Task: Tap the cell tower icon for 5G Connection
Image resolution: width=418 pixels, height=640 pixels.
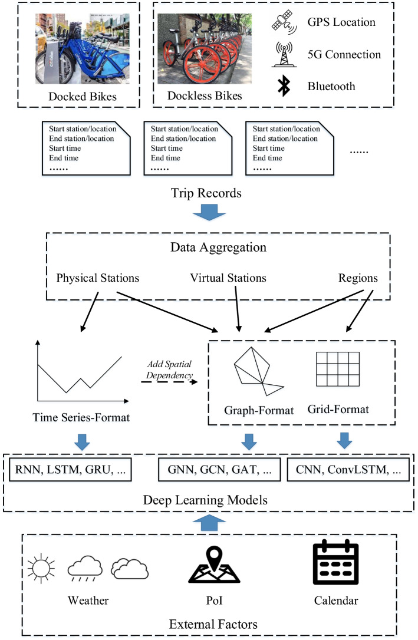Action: [x=284, y=54]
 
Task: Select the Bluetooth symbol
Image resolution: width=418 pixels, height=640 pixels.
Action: [x=284, y=86]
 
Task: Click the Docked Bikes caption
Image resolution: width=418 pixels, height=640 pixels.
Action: [x=83, y=97]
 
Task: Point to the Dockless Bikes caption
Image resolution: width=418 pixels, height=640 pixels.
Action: [x=205, y=96]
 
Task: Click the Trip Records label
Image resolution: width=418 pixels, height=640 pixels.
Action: [x=206, y=193]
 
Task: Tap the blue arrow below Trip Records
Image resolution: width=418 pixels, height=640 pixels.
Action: [x=209, y=212]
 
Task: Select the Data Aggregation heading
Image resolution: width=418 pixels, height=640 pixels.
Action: [x=218, y=248]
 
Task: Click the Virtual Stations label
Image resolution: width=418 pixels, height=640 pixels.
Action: [x=228, y=278]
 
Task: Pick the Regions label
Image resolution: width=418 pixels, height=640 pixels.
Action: [x=358, y=278]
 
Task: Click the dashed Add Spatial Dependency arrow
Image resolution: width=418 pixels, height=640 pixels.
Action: [x=169, y=382]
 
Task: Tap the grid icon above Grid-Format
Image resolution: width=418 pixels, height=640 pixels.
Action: [x=338, y=370]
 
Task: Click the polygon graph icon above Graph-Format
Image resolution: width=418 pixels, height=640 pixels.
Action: [x=259, y=371]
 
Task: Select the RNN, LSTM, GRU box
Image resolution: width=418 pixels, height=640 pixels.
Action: [x=70, y=470]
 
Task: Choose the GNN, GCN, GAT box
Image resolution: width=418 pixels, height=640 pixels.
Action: [x=220, y=470]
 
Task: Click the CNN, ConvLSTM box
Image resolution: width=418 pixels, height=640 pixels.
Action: [x=348, y=470]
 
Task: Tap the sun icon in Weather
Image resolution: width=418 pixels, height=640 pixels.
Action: [x=41, y=568]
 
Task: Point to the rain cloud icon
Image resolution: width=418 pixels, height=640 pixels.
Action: [x=85, y=568]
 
